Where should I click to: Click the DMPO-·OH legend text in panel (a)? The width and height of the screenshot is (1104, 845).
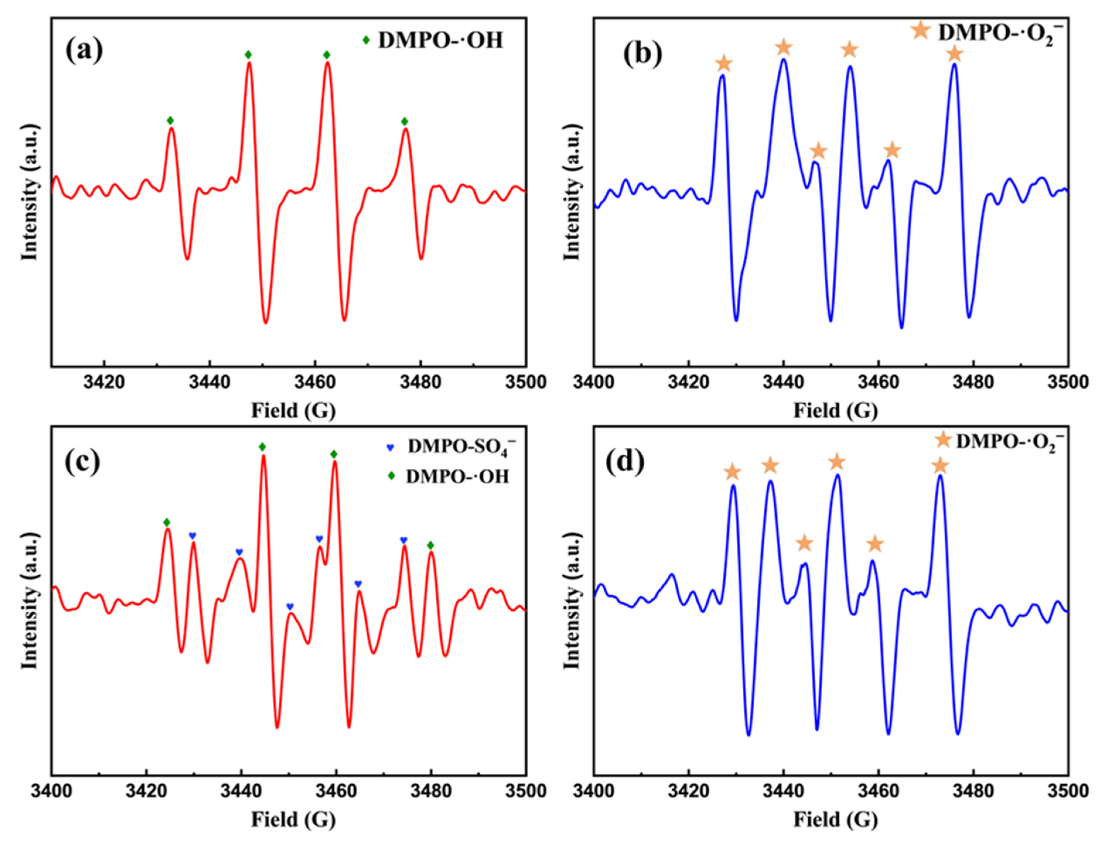(440, 40)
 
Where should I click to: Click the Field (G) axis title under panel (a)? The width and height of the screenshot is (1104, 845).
(293, 411)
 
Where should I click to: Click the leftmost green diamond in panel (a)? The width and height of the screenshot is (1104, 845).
(170, 120)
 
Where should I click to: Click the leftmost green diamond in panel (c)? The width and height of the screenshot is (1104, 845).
(167, 522)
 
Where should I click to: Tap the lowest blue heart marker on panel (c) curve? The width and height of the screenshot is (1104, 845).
(290, 607)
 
